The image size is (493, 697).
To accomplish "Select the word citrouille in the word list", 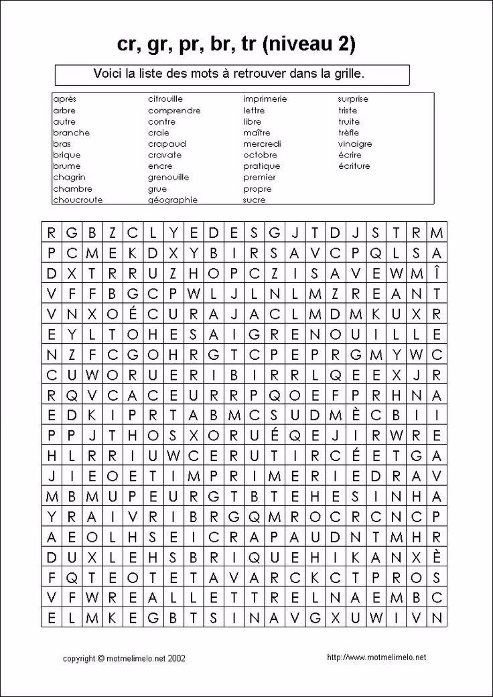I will click(165, 99).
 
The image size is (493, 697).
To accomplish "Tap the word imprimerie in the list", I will click(265, 99).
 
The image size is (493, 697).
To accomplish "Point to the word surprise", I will click(353, 99).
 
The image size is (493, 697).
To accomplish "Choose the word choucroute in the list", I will click(77, 200).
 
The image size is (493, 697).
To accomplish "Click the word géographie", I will click(172, 200).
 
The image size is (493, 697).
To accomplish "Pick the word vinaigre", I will click(354, 144).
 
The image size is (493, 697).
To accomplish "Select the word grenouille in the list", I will click(168, 178).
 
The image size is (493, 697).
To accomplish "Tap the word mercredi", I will click(262, 144).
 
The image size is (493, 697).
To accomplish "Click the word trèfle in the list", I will click(348, 133).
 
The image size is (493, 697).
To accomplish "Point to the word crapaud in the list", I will click(167, 144).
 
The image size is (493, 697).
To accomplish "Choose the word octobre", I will click(260, 155).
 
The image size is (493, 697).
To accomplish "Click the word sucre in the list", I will click(254, 200).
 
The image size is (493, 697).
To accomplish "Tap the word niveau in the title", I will click(295, 45).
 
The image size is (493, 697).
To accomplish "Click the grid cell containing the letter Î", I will click(437, 273).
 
